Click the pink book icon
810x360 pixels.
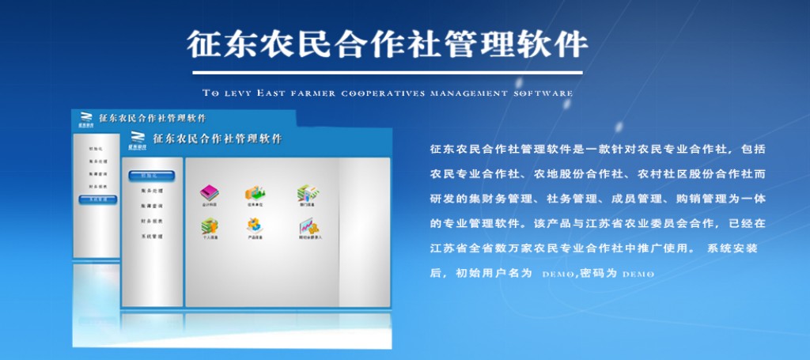(209, 192)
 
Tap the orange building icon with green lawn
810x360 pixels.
(254, 192)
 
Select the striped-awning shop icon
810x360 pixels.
(307, 192)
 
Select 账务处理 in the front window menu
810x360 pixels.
(151, 191)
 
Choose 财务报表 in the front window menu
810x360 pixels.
(151, 221)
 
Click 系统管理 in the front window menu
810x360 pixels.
(151, 236)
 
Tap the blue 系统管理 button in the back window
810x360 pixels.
(97, 200)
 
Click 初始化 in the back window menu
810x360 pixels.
(96, 147)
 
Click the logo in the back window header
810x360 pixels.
(85, 119)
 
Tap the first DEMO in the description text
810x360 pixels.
(557, 274)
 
